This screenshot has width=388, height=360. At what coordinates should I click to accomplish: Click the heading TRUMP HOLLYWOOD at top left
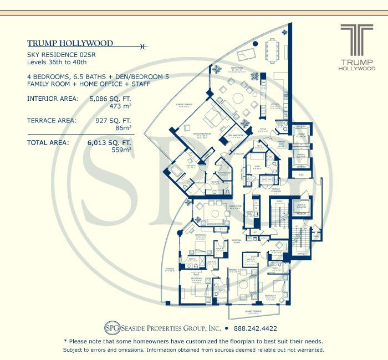(x=70, y=43)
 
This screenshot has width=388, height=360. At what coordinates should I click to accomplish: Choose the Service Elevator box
(x=301, y=206)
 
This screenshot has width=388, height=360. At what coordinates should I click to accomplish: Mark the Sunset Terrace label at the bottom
(x=242, y=312)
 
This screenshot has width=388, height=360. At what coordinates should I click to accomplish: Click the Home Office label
(x=276, y=252)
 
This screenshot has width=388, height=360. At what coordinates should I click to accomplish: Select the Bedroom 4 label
(x=271, y=296)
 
